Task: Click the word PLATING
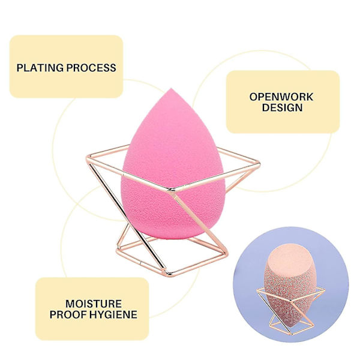coord(40,68)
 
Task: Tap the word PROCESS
coord(91,68)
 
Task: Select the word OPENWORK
coord(281,97)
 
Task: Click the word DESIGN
coord(282,107)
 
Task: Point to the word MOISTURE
coord(94,304)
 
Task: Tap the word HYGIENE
coord(113,314)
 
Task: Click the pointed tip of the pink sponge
coord(170,89)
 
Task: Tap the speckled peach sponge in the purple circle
coord(290,284)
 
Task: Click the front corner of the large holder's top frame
coord(172,190)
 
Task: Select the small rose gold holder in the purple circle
coord(290,310)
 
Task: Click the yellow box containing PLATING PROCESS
coord(66,67)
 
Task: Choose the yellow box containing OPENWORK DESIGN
coord(283,102)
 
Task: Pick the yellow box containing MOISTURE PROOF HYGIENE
coord(92,309)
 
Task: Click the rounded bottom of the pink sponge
coord(173,236)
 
